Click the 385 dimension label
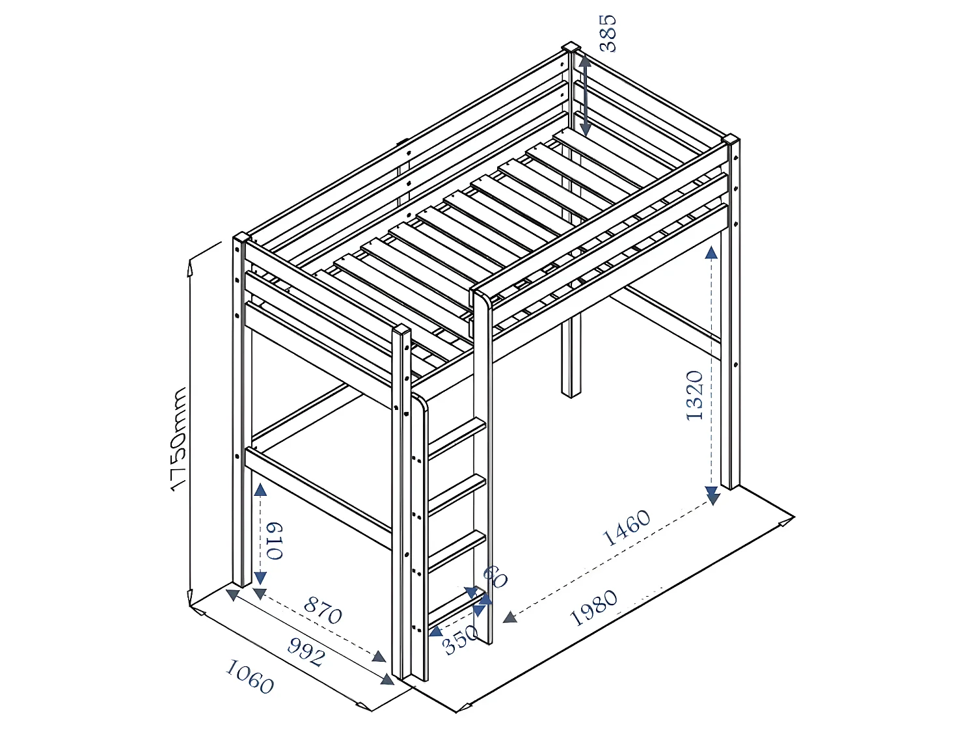607,33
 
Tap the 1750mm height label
179,439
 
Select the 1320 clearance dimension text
695,396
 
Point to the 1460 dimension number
627,528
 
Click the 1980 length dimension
593,608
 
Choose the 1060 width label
249,677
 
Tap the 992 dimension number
305,652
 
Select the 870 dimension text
323,610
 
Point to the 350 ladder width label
460,640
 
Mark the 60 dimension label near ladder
495,576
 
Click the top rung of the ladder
457,437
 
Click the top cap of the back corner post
571,47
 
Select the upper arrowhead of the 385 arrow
584,62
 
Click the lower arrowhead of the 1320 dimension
712,497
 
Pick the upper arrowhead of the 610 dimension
260,490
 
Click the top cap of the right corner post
731,139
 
